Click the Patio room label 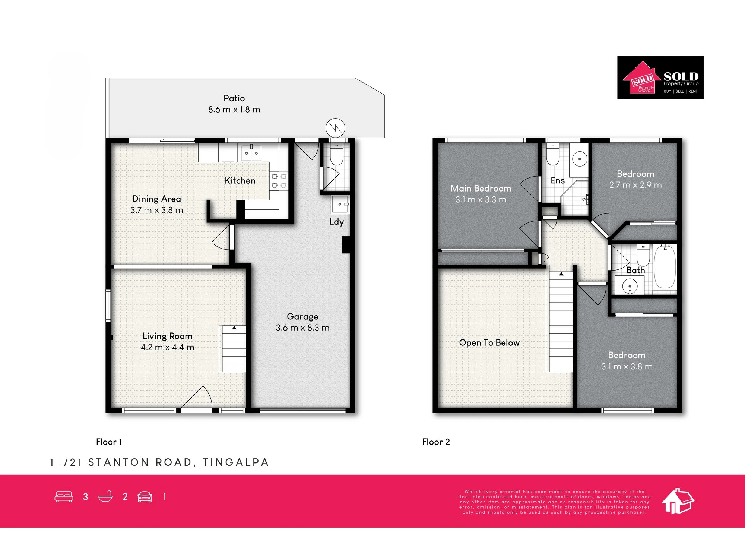(234, 98)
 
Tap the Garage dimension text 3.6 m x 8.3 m (302, 328)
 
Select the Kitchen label (240, 181)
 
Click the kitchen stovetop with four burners (279, 181)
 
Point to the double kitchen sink (251, 153)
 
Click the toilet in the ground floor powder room (337, 155)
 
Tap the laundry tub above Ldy (340, 204)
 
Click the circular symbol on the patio (335, 128)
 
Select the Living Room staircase (232, 348)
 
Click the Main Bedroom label (481, 189)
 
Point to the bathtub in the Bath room (665, 266)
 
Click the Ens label (558, 181)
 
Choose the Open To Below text (489, 343)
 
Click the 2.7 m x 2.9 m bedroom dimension (635, 185)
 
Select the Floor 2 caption (436, 442)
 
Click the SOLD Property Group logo (660, 78)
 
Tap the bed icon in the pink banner (64, 497)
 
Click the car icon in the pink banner (145, 497)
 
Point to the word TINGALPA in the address (235, 462)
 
